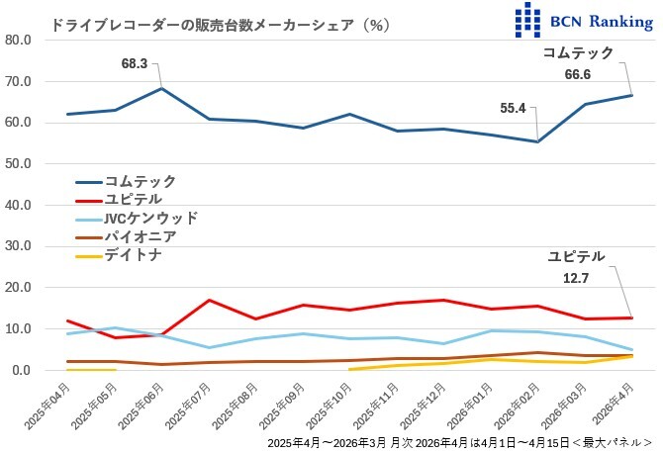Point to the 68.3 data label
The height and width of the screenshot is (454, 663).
[135, 63]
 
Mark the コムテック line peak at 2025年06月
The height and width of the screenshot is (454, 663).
[162, 88]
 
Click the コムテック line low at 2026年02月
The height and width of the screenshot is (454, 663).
[537, 141]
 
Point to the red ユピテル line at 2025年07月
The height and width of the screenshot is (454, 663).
[209, 300]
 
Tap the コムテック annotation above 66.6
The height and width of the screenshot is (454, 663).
[580, 53]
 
